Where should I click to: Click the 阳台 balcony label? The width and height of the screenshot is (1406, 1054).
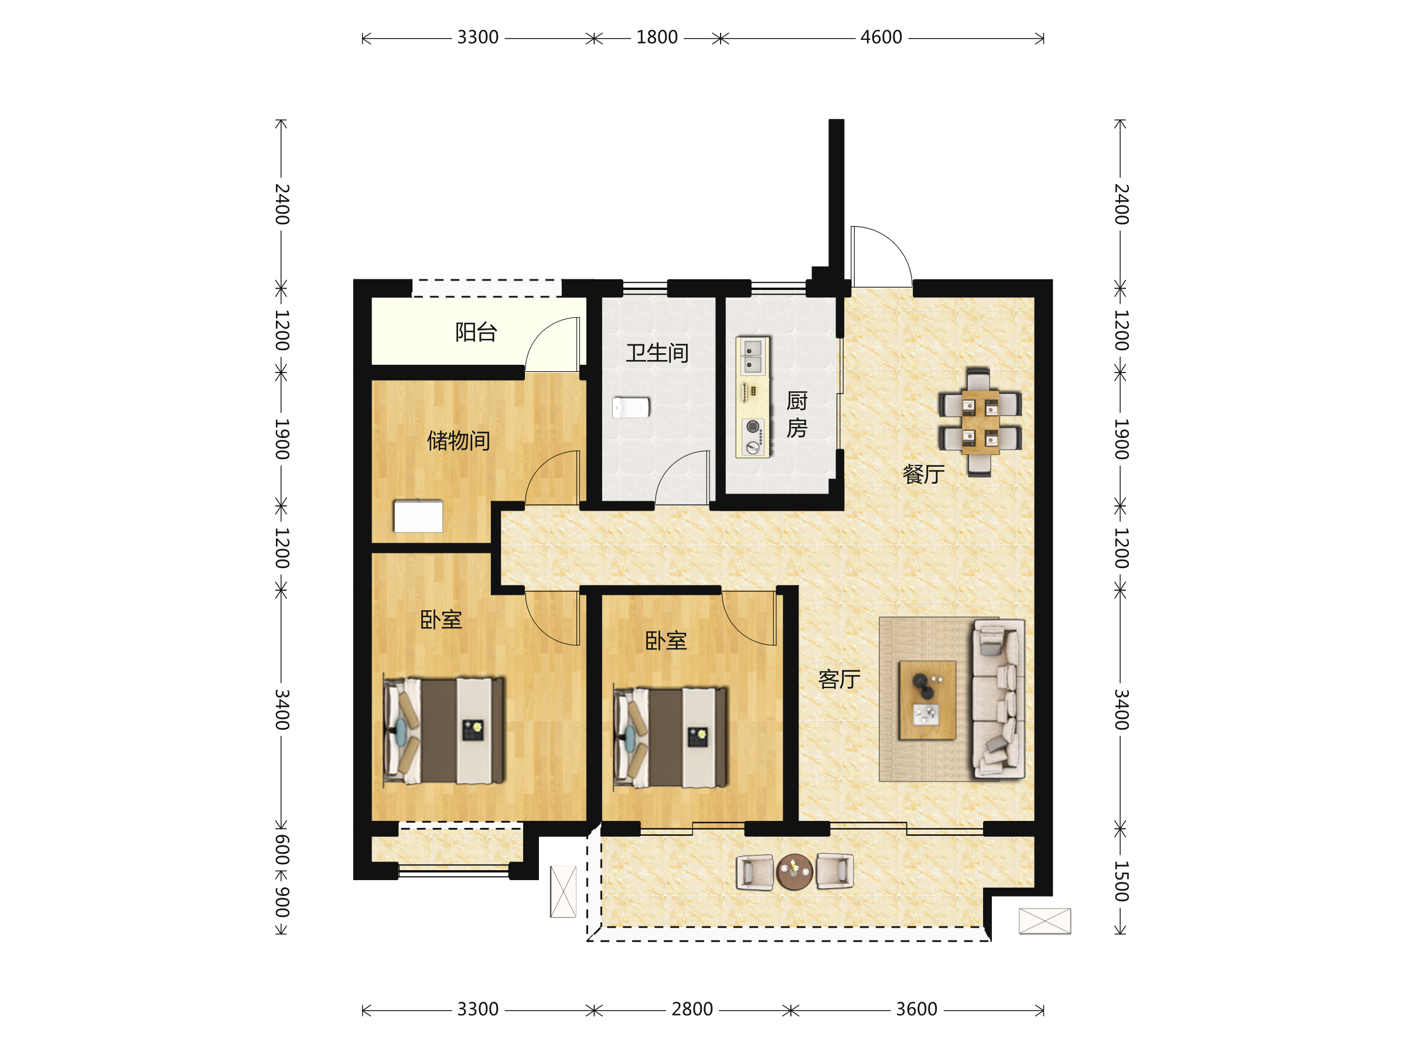tap(476, 332)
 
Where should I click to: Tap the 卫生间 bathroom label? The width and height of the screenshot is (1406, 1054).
tap(657, 353)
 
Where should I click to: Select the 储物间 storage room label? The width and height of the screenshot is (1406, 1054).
tap(458, 440)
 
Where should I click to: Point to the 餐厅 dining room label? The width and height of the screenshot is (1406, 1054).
tap(923, 474)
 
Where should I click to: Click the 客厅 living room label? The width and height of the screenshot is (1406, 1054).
tap(839, 679)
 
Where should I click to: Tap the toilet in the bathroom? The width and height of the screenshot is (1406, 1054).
tap(630, 407)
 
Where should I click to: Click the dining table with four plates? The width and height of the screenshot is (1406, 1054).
tap(980, 421)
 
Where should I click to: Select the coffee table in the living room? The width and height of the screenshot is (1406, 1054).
tap(927, 700)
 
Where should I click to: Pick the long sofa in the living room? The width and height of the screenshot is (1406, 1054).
tap(998, 699)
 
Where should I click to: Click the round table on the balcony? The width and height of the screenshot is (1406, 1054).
tap(794, 872)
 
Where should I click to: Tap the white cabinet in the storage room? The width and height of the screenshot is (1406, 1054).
tap(418, 516)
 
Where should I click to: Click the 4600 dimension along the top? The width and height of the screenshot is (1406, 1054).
tap(881, 37)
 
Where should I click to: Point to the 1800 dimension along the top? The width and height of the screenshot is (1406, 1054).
tap(657, 37)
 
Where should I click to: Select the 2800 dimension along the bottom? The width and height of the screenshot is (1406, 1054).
tap(692, 1009)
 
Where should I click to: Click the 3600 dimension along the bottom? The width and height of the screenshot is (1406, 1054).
tap(917, 1009)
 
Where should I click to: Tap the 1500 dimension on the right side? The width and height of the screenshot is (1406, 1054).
tap(1121, 881)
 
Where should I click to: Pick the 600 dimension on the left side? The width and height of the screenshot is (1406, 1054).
tap(282, 850)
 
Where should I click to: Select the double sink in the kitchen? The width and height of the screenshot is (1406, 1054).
tap(753, 357)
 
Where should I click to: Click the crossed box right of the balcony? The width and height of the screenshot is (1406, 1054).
tap(1045, 920)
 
